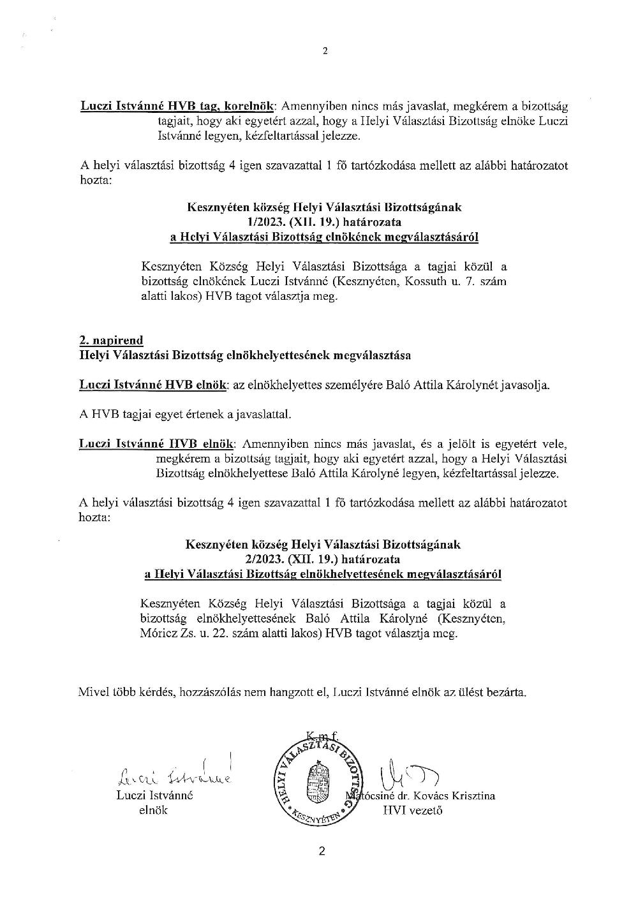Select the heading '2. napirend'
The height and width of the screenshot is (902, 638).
click(x=111, y=340)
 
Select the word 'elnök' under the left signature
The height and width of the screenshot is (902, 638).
click(x=153, y=810)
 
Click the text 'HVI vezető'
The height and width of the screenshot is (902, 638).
click(x=413, y=811)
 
